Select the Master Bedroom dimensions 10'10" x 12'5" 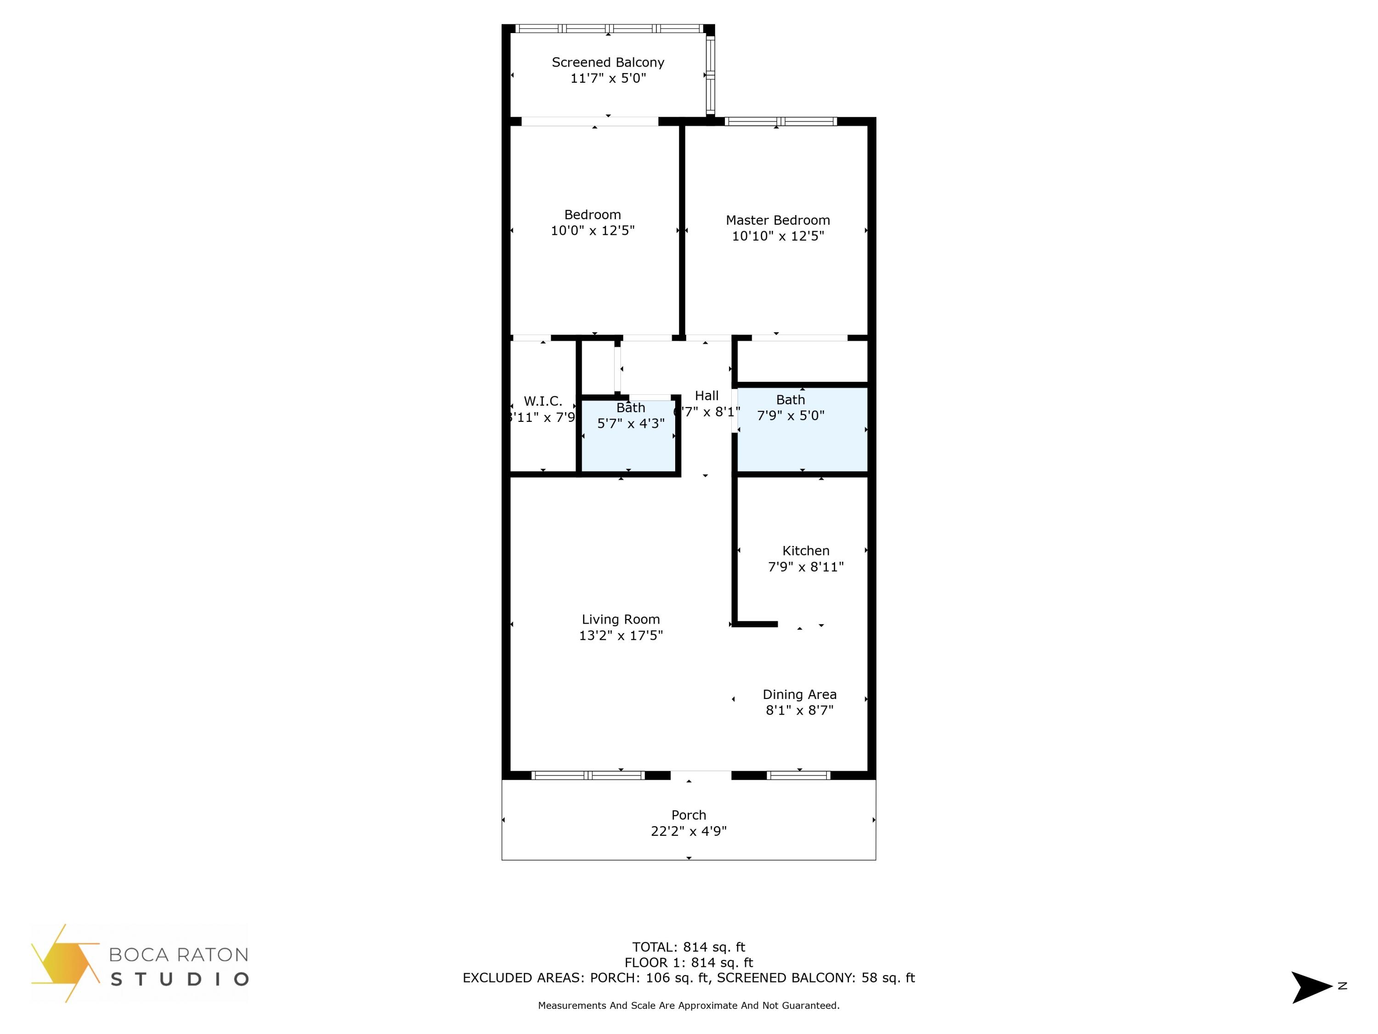pyautogui.click(x=778, y=236)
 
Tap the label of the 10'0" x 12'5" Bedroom pyautogui.click(x=593, y=215)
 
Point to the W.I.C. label pyautogui.click(x=542, y=401)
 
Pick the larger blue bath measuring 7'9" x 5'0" pyautogui.click(x=802, y=436)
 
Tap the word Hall pyautogui.click(x=706, y=396)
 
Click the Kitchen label pyautogui.click(x=806, y=551)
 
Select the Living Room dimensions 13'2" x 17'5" pyautogui.click(x=621, y=636)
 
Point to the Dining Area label pyautogui.click(x=799, y=694)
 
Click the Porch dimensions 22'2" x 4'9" pyautogui.click(x=689, y=831)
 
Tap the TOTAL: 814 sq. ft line pyautogui.click(x=689, y=947)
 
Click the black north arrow pyautogui.click(x=1310, y=987)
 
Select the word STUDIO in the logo pyautogui.click(x=180, y=979)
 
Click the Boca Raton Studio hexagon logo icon pyautogui.click(x=65, y=963)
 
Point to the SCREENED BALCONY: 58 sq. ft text pyautogui.click(x=815, y=978)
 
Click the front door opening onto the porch pyautogui.click(x=700, y=775)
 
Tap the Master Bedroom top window pyautogui.click(x=780, y=121)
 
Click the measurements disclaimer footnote pyautogui.click(x=689, y=1006)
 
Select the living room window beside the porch pyautogui.click(x=587, y=775)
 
